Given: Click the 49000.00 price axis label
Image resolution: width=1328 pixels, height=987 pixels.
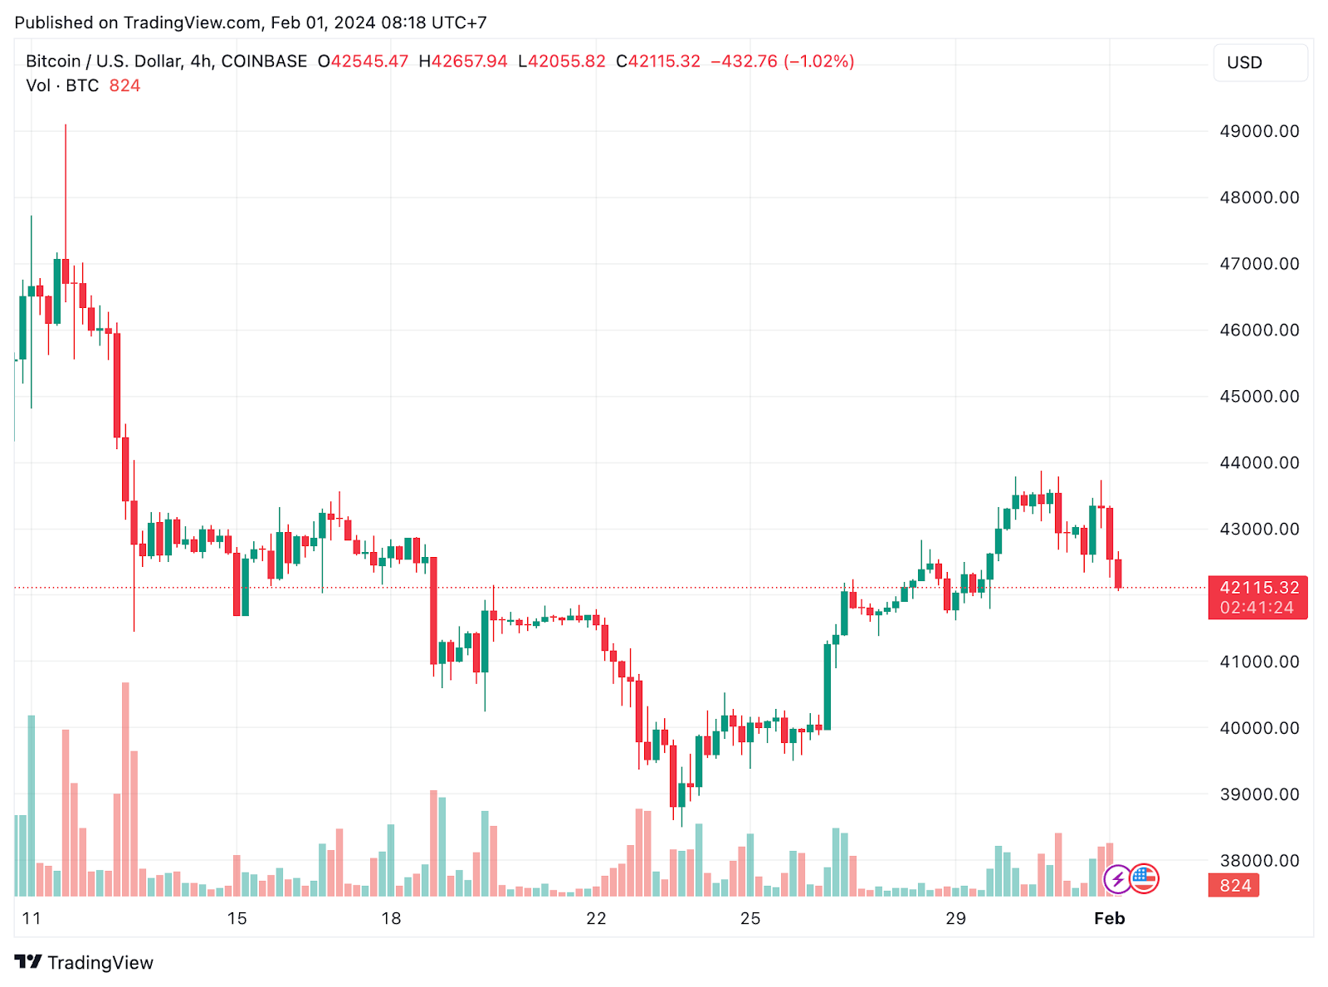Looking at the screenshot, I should (1258, 131).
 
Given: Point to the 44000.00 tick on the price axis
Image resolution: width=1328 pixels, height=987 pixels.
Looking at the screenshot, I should (1258, 462).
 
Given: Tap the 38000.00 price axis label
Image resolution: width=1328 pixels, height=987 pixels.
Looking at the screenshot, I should (1258, 860).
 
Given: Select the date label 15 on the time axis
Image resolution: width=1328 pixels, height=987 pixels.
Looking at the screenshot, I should (237, 918).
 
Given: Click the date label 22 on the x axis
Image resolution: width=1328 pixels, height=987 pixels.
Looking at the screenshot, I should (596, 918).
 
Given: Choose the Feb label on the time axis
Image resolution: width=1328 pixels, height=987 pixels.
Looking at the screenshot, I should (1109, 918).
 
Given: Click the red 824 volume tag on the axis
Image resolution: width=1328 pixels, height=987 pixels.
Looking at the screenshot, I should (1234, 886).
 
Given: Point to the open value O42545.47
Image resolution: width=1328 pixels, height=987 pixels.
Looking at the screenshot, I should (364, 61).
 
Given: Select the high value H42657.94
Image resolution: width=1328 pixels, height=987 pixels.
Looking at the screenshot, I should (462, 61).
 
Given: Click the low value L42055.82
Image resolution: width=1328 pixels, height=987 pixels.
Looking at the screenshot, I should (562, 61).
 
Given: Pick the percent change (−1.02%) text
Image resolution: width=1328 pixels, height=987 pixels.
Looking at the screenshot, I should (818, 61).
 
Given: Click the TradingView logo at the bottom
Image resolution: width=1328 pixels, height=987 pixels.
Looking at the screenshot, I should (85, 962).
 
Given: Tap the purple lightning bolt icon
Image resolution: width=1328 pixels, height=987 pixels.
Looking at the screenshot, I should (1117, 878).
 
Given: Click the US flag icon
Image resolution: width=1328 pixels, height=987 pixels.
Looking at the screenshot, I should (1144, 877).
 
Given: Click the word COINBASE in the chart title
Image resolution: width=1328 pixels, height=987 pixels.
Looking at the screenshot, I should (264, 61).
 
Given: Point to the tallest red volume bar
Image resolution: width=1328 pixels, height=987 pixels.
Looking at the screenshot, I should (125, 789).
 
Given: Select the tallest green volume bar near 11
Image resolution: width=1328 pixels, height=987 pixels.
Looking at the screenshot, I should (32, 805).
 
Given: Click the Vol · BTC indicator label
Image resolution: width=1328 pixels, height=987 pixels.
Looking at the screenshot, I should (62, 86).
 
